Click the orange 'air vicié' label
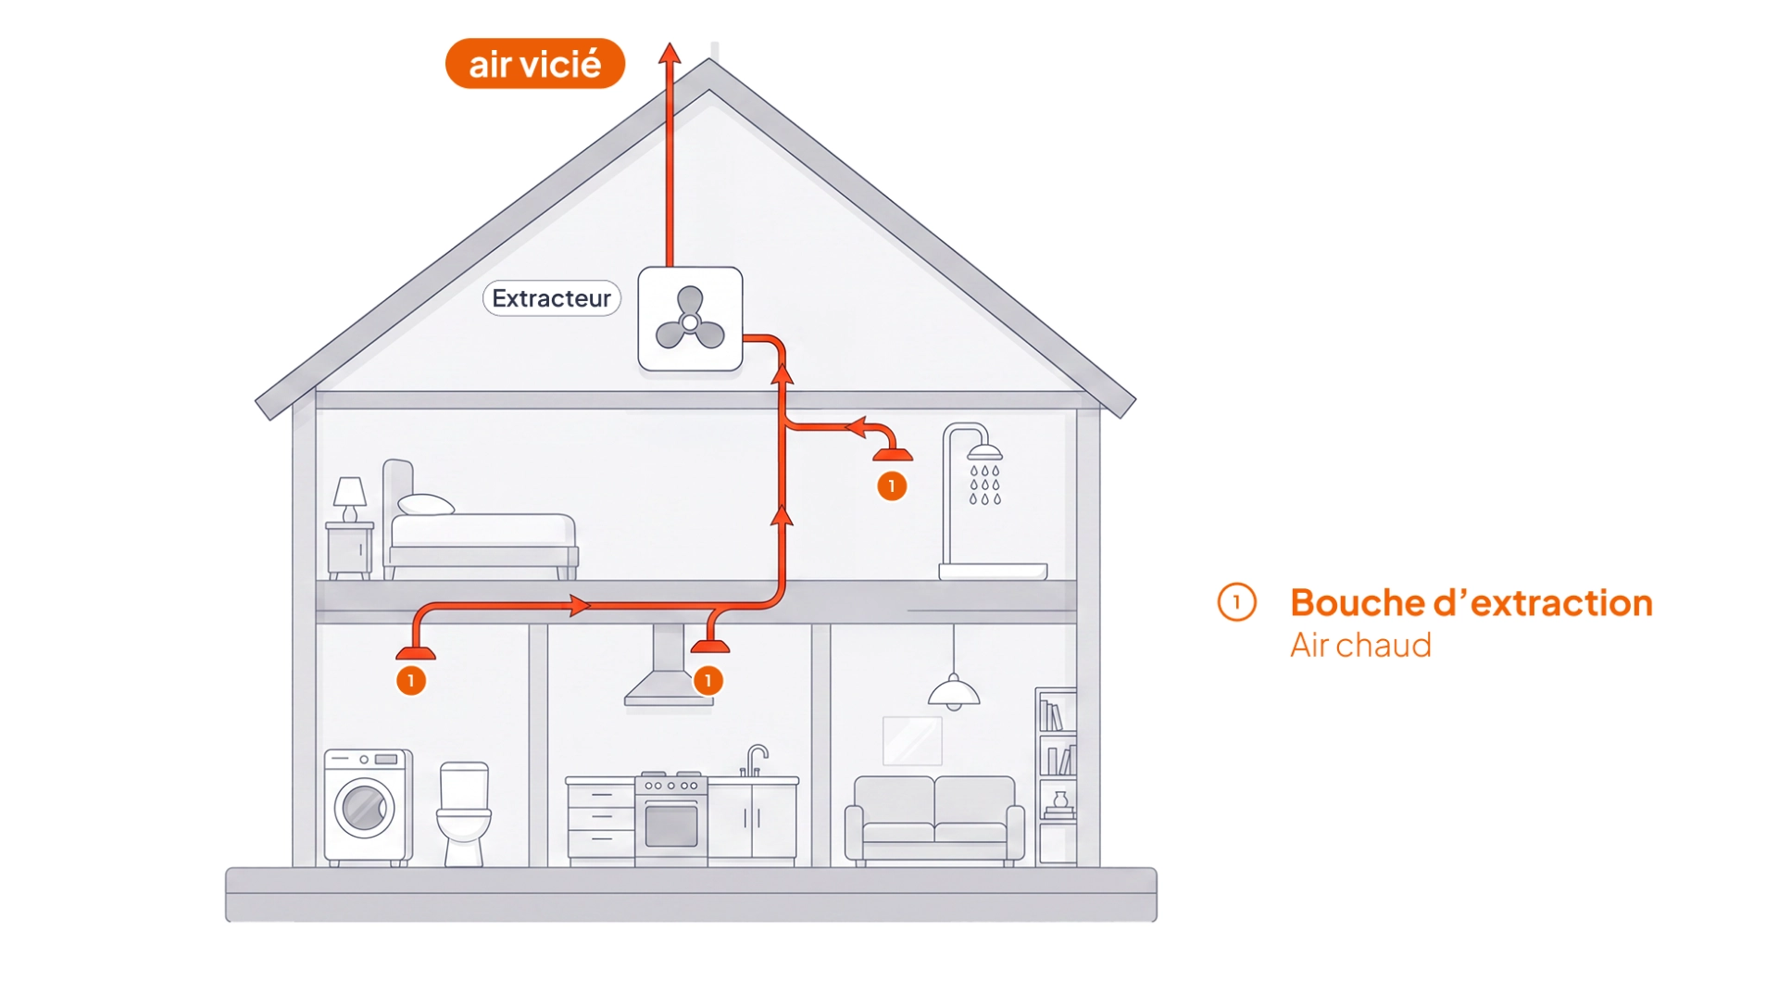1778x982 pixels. [535, 64]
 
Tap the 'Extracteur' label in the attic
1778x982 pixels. [551, 298]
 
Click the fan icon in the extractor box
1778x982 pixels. [690, 319]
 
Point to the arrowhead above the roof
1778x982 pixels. [670, 53]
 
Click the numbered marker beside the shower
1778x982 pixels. [892, 486]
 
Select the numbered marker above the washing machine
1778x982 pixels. [411, 681]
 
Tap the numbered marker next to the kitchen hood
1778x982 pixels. [708, 681]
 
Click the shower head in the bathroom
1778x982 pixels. [984, 452]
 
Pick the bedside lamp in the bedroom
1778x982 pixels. [350, 499]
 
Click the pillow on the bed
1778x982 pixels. [425, 505]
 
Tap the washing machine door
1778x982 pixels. [364, 807]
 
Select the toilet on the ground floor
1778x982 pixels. [464, 813]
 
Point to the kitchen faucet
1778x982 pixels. [756, 760]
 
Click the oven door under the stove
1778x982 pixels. [671, 825]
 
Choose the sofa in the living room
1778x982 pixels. [934, 821]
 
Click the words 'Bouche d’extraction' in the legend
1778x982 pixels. [1471, 603]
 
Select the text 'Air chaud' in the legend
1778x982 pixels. [1360, 645]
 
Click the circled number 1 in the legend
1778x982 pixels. [1236, 603]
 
